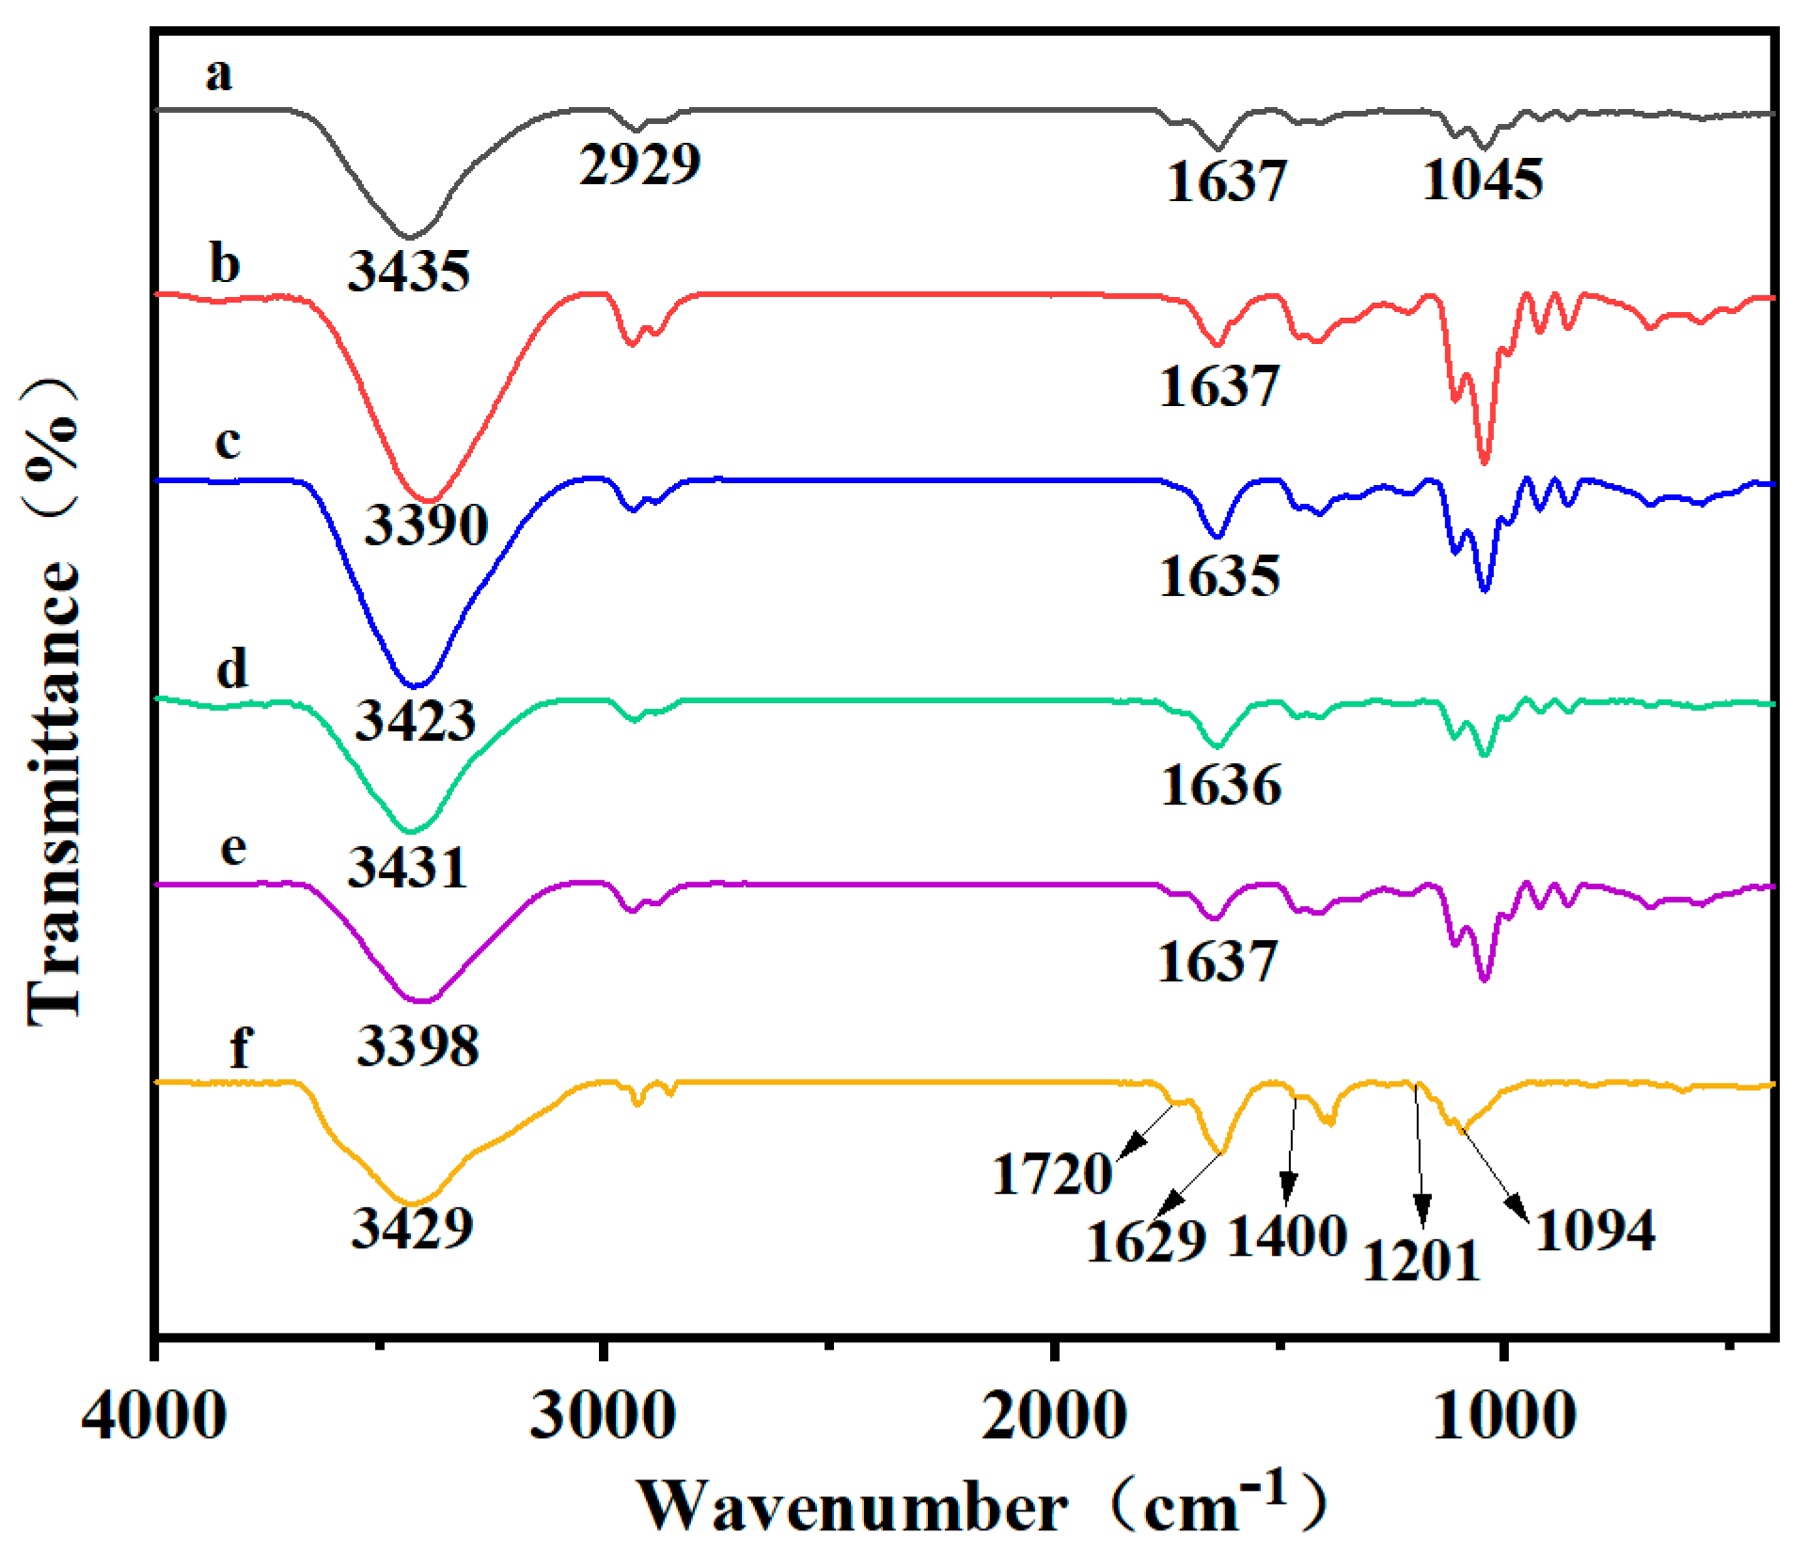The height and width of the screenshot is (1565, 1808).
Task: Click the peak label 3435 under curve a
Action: point(409,272)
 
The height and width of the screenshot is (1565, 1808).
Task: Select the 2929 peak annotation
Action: point(639,164)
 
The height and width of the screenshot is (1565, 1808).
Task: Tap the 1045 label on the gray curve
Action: point(1483,180)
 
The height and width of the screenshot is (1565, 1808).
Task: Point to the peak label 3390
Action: point(426,524)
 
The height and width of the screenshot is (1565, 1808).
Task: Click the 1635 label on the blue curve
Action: point(1219,576)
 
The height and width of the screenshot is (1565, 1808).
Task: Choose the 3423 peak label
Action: point(415,722)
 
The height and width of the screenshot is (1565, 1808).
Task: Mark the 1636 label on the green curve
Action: point(1220,785)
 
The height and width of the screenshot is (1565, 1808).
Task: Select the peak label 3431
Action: point(407,868)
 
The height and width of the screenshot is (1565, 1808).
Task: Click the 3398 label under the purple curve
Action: point(417,1045)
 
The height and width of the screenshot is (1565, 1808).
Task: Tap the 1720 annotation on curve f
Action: point(1052,1175)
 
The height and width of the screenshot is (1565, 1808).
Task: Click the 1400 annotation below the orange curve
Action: point(1288,1236)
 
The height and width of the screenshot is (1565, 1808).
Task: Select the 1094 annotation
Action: point(1595,1230)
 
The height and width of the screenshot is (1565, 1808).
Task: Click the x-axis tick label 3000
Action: point(603,1416)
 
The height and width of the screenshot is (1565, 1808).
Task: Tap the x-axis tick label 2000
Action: point(1054,1416)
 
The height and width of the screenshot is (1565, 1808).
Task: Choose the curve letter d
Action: point(232,669)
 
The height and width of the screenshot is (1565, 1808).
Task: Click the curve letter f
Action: point(241,1045)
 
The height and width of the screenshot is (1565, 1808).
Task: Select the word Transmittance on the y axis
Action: point(54,790)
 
